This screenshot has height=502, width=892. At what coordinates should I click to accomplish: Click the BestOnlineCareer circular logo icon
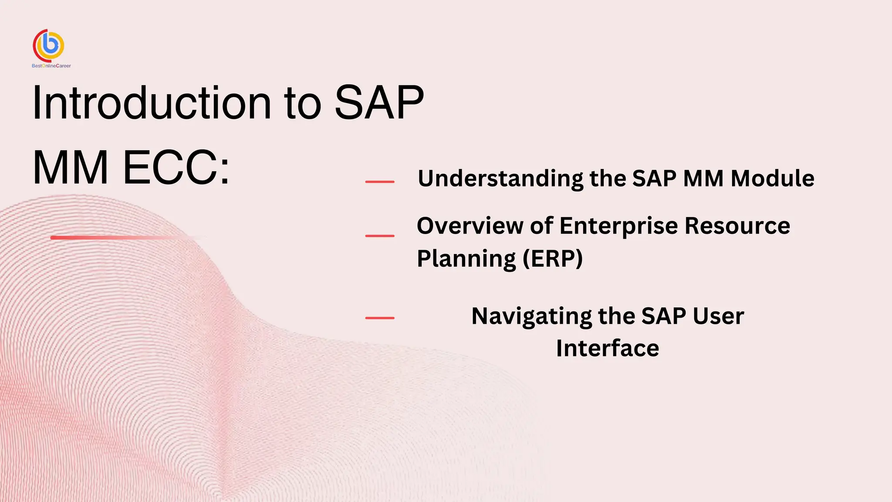coord(49,45)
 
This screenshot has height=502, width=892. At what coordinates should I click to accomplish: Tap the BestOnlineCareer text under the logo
coord(51,66)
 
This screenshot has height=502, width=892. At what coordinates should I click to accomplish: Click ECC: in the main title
coord(176,168)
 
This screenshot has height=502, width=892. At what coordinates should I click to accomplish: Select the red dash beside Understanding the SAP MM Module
coord(380,182)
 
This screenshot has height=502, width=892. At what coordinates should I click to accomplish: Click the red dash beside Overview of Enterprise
coord(380,236)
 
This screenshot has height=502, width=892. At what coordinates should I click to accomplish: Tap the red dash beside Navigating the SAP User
coord(380,318)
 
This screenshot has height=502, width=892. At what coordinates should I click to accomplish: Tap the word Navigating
coord(531,316)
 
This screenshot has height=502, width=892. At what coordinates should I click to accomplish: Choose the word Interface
coord(608,348)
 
